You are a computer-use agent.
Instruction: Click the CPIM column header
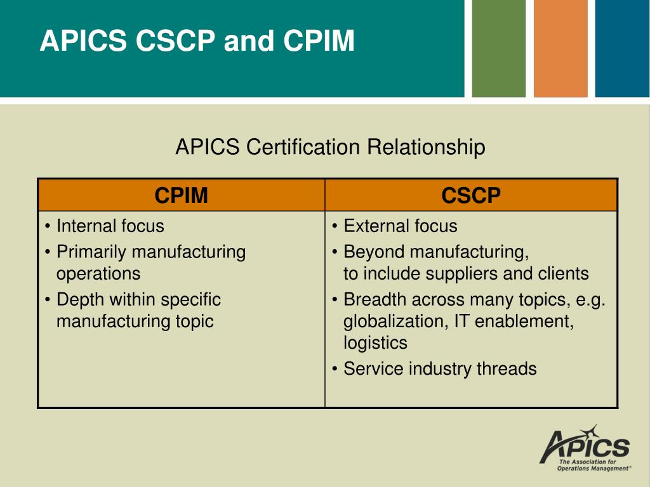pyautogui.click(x=181, y=195)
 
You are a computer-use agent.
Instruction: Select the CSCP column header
pyautogui.click(x=471, y=195)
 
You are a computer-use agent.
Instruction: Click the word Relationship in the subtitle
pyautogui.click(x=426, y=146)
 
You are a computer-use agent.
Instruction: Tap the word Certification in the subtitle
pyautogui.click(x=303, y=146)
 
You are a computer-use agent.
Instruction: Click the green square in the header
pyautogui.click(x=499, y=48)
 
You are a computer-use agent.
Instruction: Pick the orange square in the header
pyautogui.click(x=560, y=48)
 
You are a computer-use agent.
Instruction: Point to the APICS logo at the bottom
pyautogui.click(x=585, y=448)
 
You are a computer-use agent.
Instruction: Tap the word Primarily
pyautogui.click(x=91, y=252)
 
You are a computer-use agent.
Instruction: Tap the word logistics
pyautogui.click(x=376, y=343)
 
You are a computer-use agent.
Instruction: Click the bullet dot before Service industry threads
pyautogui.click(x=335, y=369)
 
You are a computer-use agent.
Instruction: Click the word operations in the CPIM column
pyautogui.click(x=98, y=274)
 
